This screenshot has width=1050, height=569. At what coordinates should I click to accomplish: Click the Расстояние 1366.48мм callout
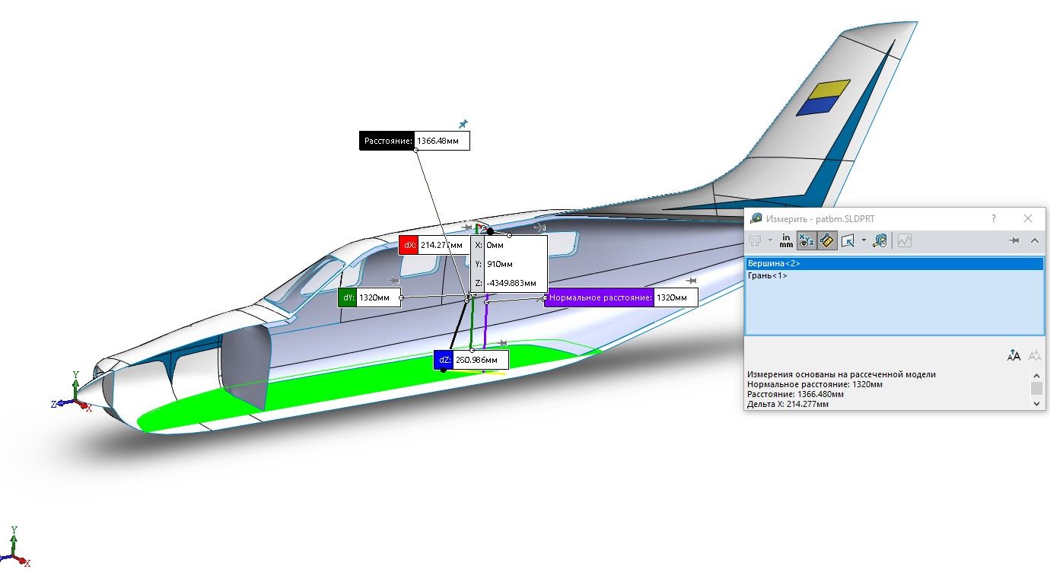pyautogui.click(x=414, y=141)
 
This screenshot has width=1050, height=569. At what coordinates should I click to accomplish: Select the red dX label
pyautogui.click(x=409, y=245)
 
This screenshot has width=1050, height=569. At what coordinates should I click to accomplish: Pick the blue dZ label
pyautogui.click(x=444, y=360)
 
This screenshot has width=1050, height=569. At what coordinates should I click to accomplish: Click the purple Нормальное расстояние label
pyautogui.click(x=599, y=297)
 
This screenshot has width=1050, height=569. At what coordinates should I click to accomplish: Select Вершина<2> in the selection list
pyautogui.click(x=774, y=263)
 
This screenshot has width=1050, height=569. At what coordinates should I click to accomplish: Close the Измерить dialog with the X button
pyautogui.click(x=1028, y=218)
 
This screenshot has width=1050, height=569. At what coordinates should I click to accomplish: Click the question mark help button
pyautogui.click(x=993, y=218)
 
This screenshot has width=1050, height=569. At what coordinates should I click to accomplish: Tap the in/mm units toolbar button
pyautogui.click(x=786, y=240)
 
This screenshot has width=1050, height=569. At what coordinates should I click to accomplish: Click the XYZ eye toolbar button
pyautogui.click(x=807, y=240)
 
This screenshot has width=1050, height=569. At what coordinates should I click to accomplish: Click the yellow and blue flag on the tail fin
pyautogui.click(x=823, y=97)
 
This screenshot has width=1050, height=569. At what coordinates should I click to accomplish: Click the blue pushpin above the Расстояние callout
pyautogui.click(x=463, y=124)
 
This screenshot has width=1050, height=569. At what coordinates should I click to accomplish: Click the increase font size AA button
pyautogui.click(x=1013, y=355)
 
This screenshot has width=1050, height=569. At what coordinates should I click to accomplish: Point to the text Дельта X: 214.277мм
pyautogui.click(x=787, y=404)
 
